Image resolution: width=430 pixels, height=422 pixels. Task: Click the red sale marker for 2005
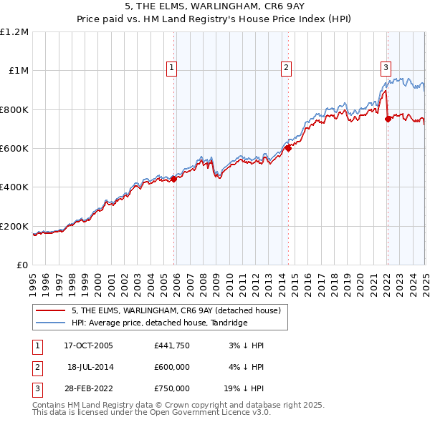pyautogui.click(x=173, y=180)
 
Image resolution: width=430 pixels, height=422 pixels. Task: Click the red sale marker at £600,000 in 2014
pyautogui.click(x=288, y=149)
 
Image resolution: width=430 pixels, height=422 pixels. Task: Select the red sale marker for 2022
pyautogui.click(x=388, y=119)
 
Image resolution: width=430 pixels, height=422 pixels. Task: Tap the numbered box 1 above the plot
pyautogui.click(x=172, y=68)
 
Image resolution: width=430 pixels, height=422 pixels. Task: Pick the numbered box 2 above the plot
pyautogui.click(x=286, y=68)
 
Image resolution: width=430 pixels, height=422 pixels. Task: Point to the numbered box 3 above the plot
pyautogui.click(x=386, y=68)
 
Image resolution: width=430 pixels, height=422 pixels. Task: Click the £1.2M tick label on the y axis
pyautogui.click(x=14, y=32)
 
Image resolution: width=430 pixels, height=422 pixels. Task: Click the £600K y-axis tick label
pyautogui.click(x=14, y=149)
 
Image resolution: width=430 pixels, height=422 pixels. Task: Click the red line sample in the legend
pyautogui.click(x=51, y=310)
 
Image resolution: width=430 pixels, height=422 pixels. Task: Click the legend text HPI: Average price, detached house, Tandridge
pyautogui.click(x=159, y=323)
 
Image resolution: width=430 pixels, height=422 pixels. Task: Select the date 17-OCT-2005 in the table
pyautogui.click(x=88, y=345)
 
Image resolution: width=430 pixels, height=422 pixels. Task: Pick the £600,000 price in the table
pyautogui.click(x=172, y=367)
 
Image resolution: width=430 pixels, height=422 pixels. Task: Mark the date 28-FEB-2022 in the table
pyautogui.click(x=88, y=388)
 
